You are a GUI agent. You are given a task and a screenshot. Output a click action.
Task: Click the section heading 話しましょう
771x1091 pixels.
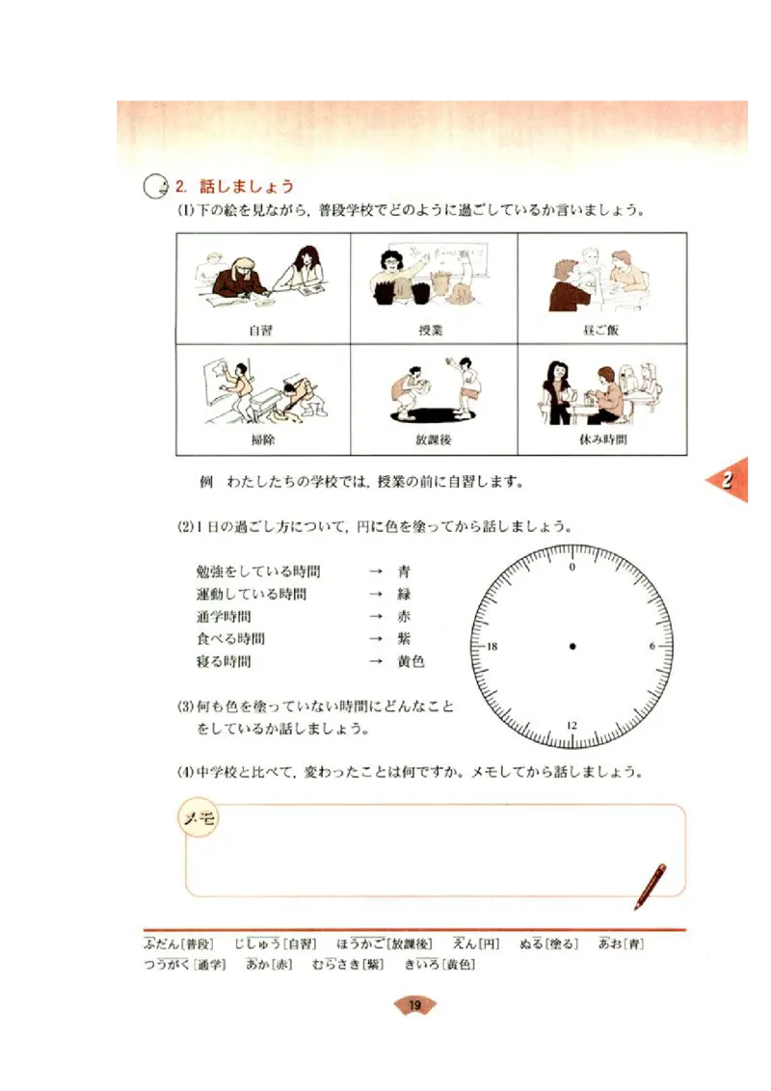coord(246,186)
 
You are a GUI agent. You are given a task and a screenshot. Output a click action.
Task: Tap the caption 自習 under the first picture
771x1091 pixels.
coord(260,331)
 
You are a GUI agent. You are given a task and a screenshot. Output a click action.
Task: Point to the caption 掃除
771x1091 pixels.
coord(260,439)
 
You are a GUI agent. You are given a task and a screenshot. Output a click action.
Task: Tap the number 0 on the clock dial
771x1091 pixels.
coord(572,568)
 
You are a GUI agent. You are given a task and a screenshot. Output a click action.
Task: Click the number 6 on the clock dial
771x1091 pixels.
coord(651,646)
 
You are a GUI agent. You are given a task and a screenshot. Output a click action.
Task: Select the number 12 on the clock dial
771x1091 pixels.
coord(572,725)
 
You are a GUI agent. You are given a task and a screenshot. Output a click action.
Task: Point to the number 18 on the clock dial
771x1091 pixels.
coord(492,646)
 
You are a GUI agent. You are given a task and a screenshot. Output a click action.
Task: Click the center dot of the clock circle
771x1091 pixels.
coord(572,646)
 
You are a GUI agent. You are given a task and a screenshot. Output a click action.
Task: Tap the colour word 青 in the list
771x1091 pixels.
coord(404,572)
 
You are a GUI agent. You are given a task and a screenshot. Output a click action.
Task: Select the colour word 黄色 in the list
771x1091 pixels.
coord(411,662)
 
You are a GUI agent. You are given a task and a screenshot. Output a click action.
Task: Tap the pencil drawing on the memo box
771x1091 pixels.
coord(651,886)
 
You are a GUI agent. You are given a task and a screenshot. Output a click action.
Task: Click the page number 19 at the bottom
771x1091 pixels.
coord(414,1006)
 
